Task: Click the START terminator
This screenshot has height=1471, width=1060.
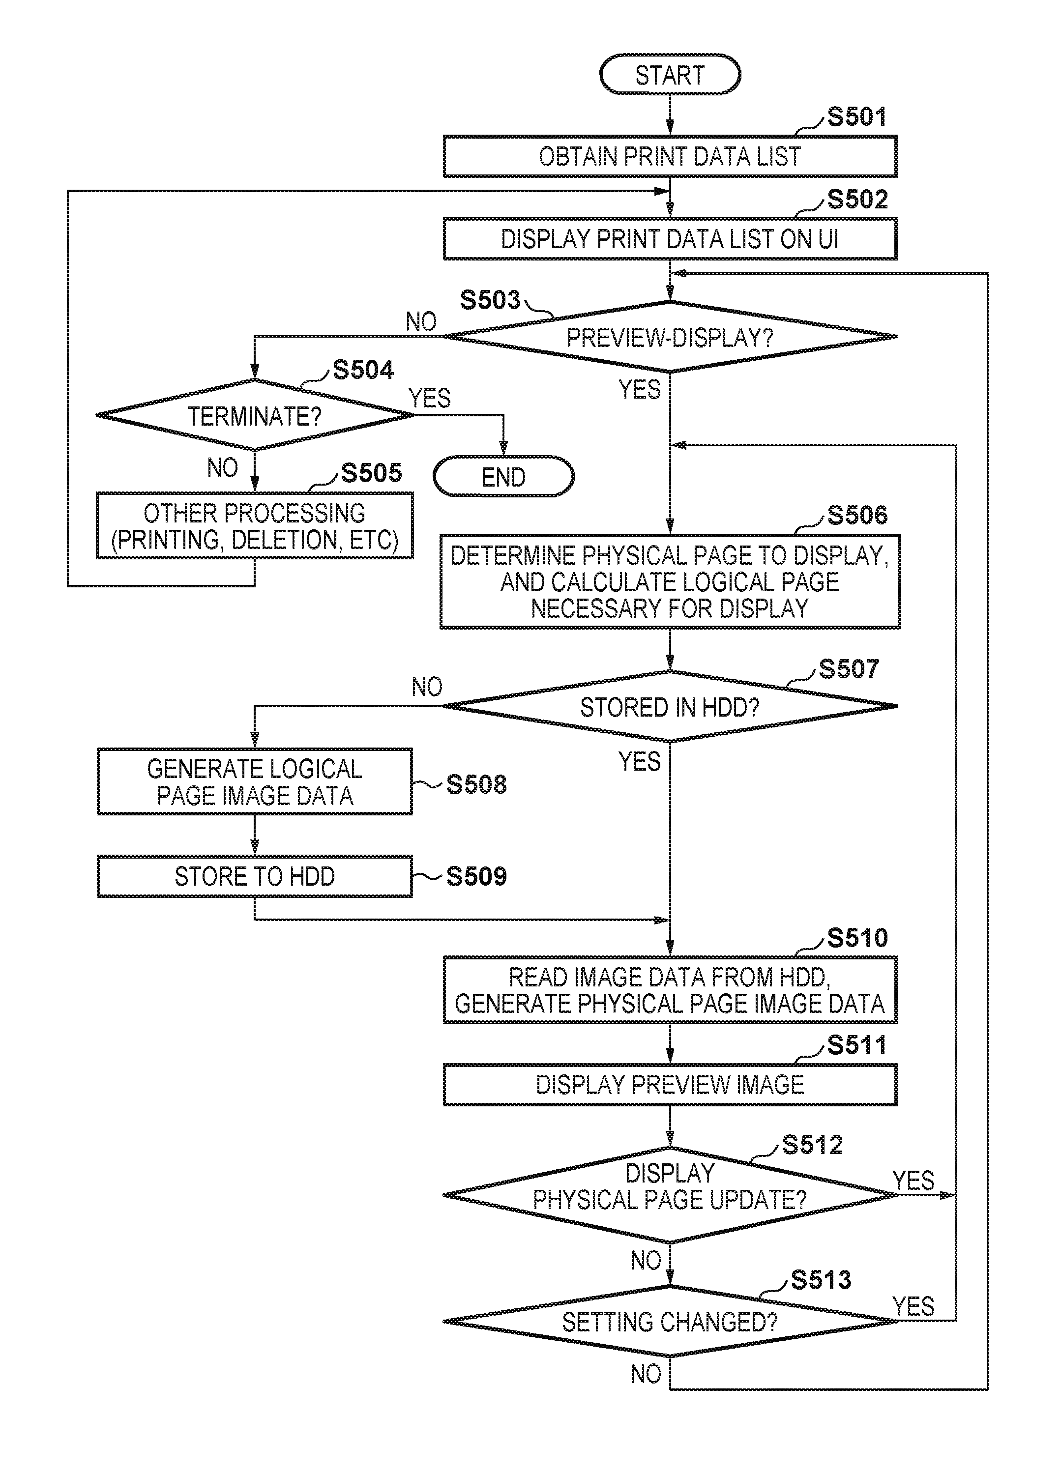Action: [x=670, y=75]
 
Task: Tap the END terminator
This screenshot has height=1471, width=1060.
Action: [x=503, y=477]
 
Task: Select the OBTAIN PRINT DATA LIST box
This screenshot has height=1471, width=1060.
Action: [x=670, y=156]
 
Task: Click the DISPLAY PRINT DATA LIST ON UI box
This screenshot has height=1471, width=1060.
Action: [x=670, y=239]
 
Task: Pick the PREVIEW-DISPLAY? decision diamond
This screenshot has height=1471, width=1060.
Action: [x=670, y=337]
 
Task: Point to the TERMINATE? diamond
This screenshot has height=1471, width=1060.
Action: [x=254, y=415]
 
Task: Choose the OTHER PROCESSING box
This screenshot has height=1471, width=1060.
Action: [x=254, y=526]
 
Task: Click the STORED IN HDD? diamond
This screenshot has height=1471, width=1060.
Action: [x=670, y=706]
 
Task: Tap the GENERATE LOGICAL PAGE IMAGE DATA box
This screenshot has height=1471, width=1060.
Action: [x=254, y=781]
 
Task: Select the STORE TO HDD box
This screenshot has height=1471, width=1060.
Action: [x=254, y=876]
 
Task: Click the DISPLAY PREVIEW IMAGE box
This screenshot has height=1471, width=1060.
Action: [x=670, y=1084]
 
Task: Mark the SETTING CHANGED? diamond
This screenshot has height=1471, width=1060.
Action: [x=670, y=1321]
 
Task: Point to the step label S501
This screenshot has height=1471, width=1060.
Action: [x=856, y=117]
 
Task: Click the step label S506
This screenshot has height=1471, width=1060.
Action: [x=857, y=516]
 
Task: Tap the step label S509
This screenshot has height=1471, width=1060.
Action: [x=476, y=876]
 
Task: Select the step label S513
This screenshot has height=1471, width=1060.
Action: [x=821, y=1280]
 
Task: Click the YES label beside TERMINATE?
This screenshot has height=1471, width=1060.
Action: [x=429, y=398]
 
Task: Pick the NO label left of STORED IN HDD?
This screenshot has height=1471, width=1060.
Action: [x=427, y=686]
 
